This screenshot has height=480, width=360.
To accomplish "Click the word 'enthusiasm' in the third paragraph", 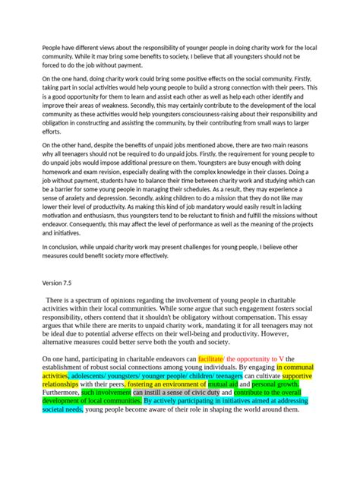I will pos(106,214).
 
